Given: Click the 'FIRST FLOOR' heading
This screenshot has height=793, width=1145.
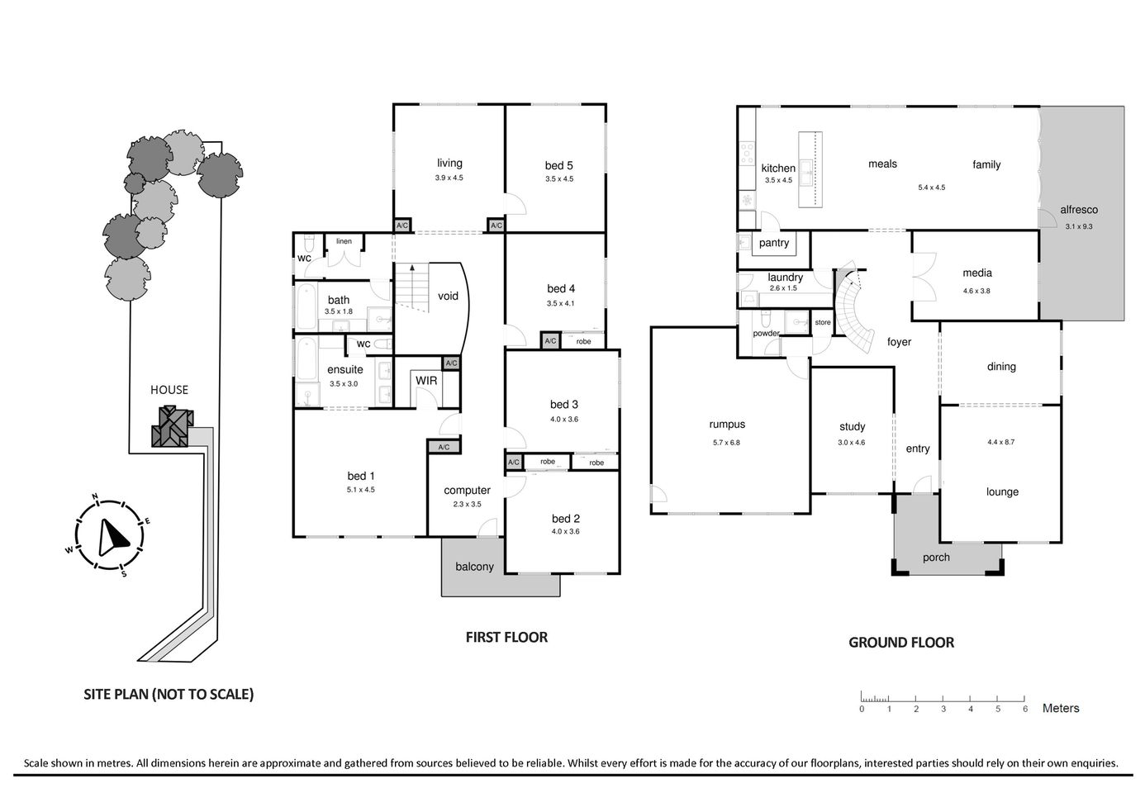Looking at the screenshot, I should click(x=506, y=637).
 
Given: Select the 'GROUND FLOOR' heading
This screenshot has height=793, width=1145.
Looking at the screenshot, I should click(x=901, y=642).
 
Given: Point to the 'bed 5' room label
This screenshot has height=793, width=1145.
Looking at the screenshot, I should click(x=559, y=165).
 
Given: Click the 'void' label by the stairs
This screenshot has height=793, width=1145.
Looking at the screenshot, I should click(x=448, y=296).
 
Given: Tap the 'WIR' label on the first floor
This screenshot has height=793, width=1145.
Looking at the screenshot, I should click(x=426, y=381).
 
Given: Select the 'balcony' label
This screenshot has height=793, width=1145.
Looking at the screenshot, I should click(x=474, y=567).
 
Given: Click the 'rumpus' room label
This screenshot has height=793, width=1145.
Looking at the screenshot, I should click(x=727, y=425).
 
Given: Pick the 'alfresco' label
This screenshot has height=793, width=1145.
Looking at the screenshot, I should click(x=1079, y=211).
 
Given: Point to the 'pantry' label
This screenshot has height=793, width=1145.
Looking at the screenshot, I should click(x=774, y=243).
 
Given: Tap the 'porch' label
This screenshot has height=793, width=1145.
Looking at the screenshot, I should click(x=936, y=558).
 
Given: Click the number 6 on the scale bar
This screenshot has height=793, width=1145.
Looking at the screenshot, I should click(x=1025, y=709).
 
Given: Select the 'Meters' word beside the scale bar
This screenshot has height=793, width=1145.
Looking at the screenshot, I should click(x=1061, y=708).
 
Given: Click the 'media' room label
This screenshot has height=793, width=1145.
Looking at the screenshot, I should click(x=977, y=273).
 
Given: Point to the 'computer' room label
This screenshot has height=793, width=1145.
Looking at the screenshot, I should click(x=467, y=490).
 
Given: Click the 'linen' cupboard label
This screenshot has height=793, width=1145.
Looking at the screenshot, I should click(x=344, y=241).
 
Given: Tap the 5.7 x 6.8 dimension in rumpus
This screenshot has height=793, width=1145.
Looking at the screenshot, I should click(x=727, y=442).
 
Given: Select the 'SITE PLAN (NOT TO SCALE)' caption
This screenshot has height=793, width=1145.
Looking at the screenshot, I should click(x=169, y=694).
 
